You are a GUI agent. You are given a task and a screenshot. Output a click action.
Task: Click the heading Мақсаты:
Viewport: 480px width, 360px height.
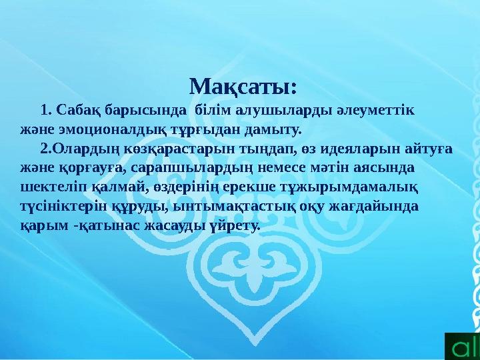[x=243, y=87]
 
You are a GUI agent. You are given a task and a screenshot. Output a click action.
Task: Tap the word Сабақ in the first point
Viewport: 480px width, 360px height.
[x=73, y=109]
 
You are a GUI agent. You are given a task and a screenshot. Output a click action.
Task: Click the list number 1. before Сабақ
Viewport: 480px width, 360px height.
[x=46, y=109]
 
